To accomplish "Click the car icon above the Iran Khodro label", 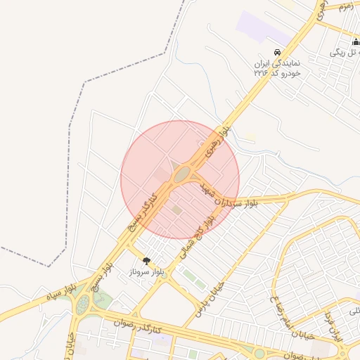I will click(x=278, y=53).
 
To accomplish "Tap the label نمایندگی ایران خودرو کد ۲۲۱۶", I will click(x=278, y=68).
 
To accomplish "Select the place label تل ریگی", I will click(x=346, y=53).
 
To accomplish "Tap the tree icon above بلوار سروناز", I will click(x=146, y=261).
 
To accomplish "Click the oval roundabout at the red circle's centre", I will click(x=183, y=174).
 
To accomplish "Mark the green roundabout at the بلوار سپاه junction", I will click(x=83, y=304).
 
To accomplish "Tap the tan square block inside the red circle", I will click(x=177, y=210).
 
